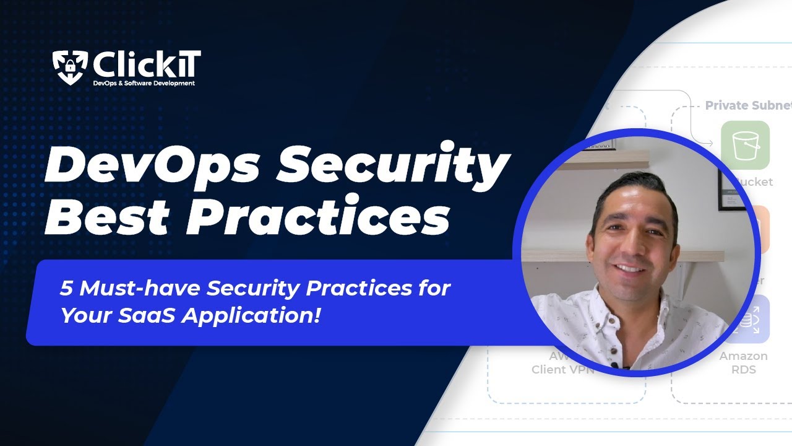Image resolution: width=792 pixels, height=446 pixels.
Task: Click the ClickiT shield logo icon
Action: pyautogui.click(x=70, y=67)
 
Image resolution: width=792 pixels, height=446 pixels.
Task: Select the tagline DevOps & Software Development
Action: pyautogui.click(x=144, y=83)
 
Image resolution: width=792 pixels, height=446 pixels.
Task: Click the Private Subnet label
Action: pyautogui.click(x=747, y=106)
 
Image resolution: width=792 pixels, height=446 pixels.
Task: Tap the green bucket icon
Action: pyautogui.click(x=745, y=146)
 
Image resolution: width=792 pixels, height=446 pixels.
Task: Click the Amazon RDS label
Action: pyautogui.click(x=743, y=363)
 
